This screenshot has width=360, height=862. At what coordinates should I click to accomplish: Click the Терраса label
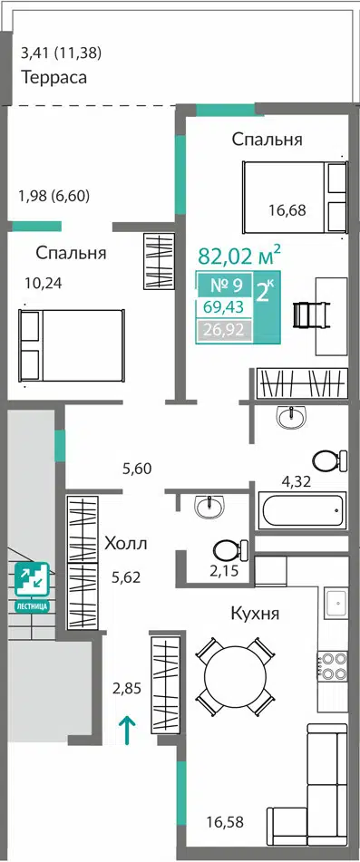[x=54, y=77]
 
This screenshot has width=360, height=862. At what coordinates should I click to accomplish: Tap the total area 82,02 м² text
[x=239, y=255]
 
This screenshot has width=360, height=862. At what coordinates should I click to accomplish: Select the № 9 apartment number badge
[x=225, y=285]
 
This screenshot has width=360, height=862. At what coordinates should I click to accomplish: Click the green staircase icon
[x=32, y=579]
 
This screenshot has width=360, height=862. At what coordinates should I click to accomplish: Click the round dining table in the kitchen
[x=235, y=676]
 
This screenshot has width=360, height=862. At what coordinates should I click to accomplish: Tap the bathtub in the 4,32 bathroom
[x=303, y=510]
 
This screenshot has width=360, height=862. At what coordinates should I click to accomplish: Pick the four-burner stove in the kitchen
[x=332, y=666]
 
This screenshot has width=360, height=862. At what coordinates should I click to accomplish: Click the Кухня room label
[x=255, y=613]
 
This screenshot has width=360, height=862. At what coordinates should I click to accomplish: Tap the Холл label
[x=126, y=544]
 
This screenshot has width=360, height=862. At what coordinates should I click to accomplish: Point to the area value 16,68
[x=287, y=209]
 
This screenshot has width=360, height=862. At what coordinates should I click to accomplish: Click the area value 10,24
[x=44, y=283]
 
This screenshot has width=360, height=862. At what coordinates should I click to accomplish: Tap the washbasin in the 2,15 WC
[x=210, y=506]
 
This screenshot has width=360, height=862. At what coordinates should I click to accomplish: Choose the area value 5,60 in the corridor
[x=137, y=469]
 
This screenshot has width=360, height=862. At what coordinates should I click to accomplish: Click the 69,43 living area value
[x=225, y=307]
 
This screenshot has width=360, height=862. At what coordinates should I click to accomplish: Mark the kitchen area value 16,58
[x=225, y=822]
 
